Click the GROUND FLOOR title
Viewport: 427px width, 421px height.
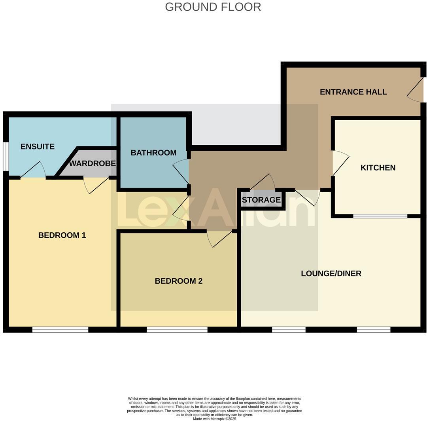click(x=213, y=7)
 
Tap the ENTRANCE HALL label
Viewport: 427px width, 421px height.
click(x=353, y=92)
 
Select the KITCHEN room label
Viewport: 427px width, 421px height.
click(x=378, y=167)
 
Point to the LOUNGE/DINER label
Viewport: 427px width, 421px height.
click(x=331, y=273)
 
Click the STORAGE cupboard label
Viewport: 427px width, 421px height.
click(x=261, y=200)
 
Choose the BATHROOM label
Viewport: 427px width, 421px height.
click(x=153, y=153)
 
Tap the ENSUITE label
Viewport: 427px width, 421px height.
click(x=38, y=146)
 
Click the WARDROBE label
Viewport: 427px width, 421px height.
click(x=93, y=163)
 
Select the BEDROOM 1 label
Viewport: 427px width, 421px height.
click(x=62, y=235)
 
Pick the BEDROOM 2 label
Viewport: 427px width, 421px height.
click(x=179, y=281)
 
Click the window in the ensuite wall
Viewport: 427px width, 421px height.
click(x=6, y=156)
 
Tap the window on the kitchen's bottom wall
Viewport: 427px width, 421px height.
click(x=380, y=216)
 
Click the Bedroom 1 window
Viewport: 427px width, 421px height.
click(x=60, y=330)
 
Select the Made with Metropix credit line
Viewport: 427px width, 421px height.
click(x=214, y=419)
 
